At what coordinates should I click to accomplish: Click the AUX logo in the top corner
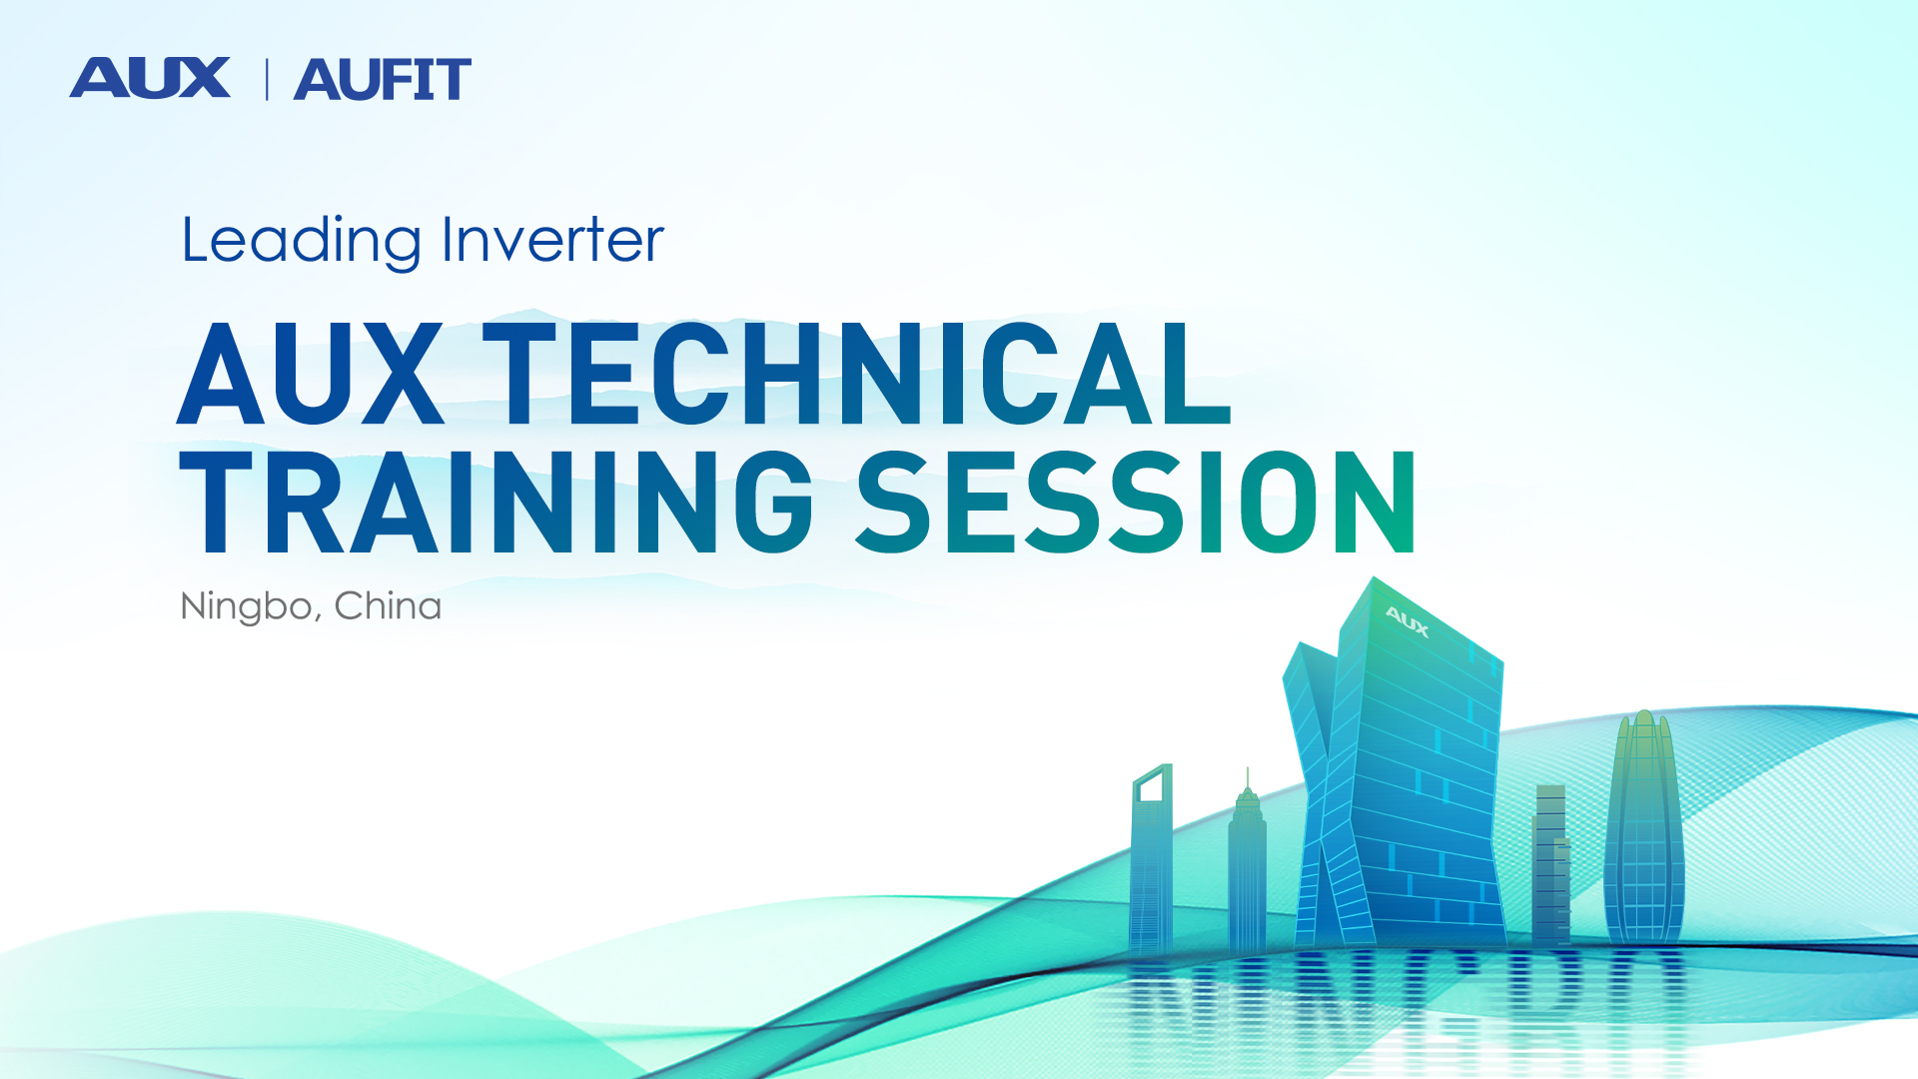click(150, 78)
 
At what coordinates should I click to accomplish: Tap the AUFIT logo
click(382, 79)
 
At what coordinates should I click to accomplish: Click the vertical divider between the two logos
click(267, 79)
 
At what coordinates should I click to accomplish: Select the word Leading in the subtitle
click(302, 241)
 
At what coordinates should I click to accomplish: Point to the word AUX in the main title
click(311, 373)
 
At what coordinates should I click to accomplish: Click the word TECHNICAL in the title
click(857, 373)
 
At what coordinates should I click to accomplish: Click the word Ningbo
click(246, 607)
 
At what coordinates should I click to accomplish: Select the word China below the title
click(388, 605)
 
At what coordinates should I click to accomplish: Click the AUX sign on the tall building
click(1408, 621)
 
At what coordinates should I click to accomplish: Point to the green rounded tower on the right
click(1644, 829)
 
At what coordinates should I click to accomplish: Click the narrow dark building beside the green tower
click(1551, 864)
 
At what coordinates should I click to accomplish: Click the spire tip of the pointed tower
click(1248, 769)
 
